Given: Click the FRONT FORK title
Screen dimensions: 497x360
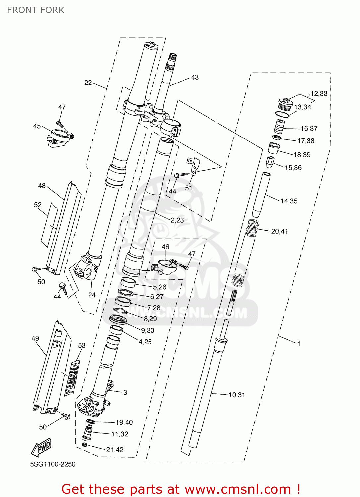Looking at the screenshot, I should point(36,10).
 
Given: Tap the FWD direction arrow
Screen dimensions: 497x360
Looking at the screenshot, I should point(42,447).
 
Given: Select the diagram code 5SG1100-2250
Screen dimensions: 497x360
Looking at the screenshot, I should point(53,464).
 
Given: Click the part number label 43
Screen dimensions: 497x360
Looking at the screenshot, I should point(195,77).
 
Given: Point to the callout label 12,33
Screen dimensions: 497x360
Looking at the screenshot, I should point(319,94).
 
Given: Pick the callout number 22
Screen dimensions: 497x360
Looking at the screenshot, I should point(88,83).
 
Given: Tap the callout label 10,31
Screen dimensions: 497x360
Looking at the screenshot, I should point(237,395).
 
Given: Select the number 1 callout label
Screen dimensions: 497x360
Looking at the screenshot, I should point(299,344).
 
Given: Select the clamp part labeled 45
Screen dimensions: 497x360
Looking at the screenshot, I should point(60,138).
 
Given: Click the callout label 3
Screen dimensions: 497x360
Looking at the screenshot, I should point(125,392).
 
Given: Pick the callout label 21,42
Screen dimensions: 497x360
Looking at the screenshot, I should point(115,450).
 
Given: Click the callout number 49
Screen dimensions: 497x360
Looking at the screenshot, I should point(35,338).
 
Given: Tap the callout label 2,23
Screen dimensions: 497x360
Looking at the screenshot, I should point(177,220).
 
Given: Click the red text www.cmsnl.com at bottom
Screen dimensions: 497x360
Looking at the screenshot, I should point(237,489).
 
